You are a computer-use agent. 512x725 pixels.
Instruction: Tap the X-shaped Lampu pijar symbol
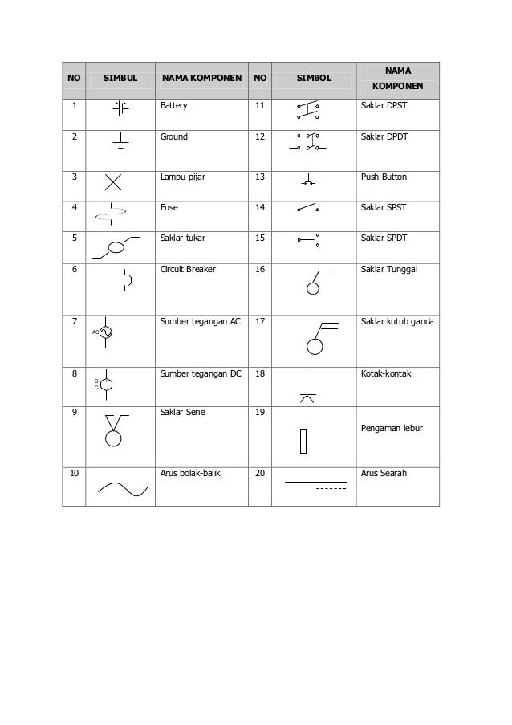coord(113,183)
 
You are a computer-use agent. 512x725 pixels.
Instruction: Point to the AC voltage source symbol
coord(104,332)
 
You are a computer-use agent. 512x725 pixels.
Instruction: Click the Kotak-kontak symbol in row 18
coord(307,386)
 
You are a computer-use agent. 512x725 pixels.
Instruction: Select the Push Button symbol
coord(308,181)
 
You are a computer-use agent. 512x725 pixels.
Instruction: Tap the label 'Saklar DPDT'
coord(384,136)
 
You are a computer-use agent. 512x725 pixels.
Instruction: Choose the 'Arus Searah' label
coord(384,474)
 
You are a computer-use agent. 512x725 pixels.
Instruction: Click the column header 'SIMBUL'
coord(120,79)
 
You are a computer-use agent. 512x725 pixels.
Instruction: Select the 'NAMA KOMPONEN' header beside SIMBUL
coord(201,79)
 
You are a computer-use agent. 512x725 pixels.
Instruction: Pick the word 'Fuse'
coord(169,207)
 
